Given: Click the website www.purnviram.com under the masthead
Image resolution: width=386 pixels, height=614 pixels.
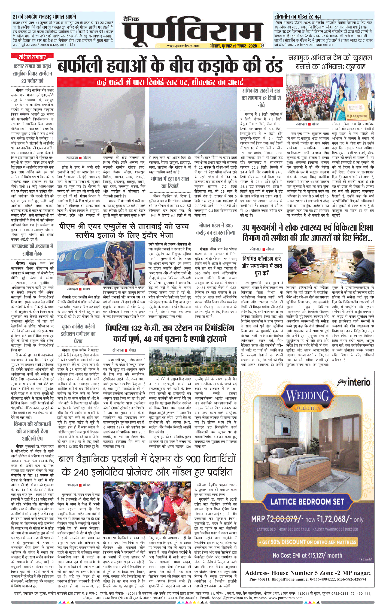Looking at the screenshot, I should pos(183,46).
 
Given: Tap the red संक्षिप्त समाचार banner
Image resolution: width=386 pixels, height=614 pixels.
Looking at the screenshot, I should pos(32,57).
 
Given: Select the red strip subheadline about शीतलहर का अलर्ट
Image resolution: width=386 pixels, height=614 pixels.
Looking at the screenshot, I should pos(170,82).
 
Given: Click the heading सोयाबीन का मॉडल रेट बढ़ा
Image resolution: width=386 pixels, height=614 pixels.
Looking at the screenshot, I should pos(297,17).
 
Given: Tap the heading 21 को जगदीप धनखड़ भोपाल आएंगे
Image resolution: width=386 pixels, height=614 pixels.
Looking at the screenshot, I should pos(44,17).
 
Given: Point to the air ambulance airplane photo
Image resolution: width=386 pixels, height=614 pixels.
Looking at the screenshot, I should pos(101,262).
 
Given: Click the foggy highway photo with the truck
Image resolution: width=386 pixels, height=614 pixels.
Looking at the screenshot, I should pos(193,120).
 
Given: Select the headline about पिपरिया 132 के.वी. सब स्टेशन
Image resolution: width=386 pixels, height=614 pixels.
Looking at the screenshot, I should pos(170,333).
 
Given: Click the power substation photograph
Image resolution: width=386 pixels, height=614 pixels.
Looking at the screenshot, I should pos(193,361).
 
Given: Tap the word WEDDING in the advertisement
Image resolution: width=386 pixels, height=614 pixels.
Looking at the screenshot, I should pos(308,395).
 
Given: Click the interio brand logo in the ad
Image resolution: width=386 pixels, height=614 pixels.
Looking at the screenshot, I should pos(354,382).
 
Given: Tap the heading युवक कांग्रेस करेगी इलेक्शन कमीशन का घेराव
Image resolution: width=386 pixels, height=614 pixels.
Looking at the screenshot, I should pos(78,334).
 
